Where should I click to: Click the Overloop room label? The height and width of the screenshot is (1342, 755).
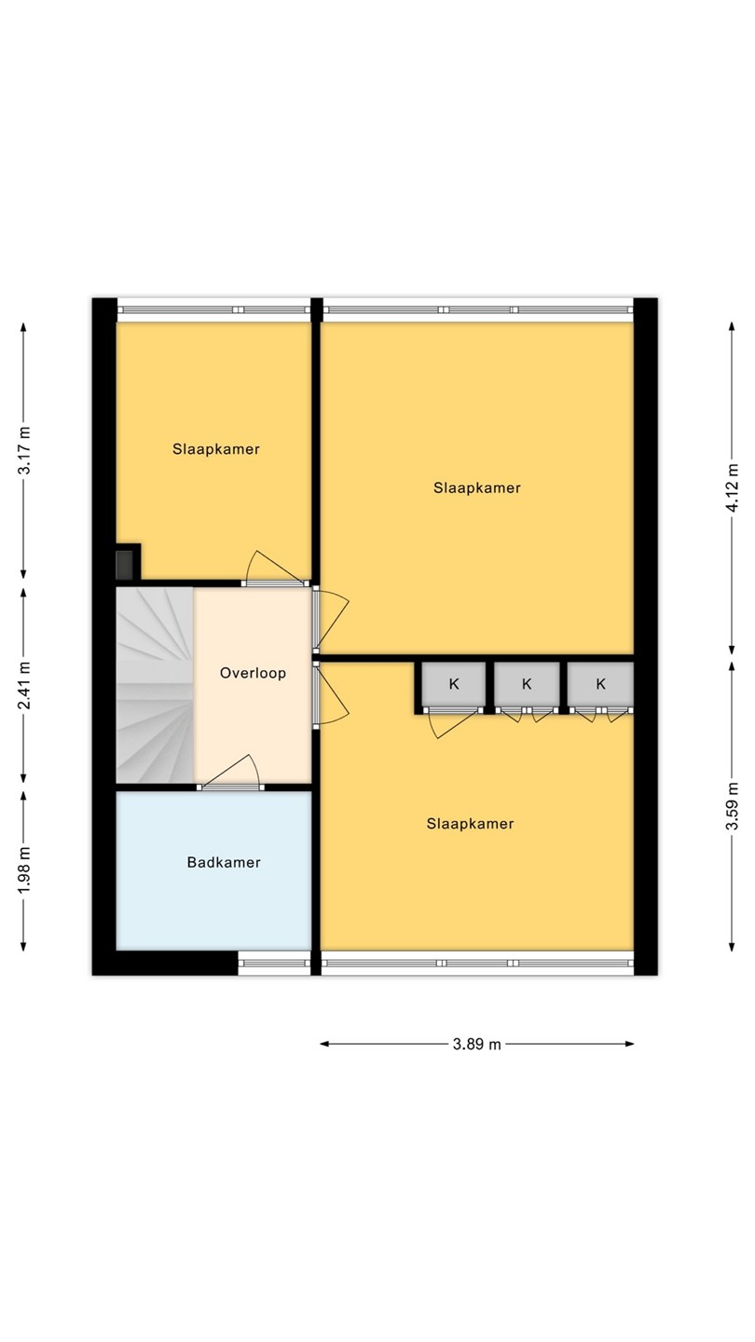coord(253,674)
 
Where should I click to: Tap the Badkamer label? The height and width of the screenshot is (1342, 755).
coord(224,863)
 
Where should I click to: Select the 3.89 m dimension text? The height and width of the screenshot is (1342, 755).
coord(477,1044)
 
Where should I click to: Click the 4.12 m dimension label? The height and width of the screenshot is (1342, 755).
coord(733,487)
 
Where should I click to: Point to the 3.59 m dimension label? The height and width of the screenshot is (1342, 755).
coord(733,806)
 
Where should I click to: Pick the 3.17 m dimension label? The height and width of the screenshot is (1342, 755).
coord(24,450)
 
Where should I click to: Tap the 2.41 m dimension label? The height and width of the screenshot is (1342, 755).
coord(24,685)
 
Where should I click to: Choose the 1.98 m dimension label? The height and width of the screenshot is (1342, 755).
coord(24,870)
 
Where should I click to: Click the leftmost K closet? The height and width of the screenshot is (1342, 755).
coord(454,684)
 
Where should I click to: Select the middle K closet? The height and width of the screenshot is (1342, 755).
coord(527,684)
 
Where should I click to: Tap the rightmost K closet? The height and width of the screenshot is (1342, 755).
coord(600,684)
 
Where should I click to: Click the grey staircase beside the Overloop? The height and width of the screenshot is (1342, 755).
coord(155,685)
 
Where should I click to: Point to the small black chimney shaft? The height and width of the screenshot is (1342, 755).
coord(126,565)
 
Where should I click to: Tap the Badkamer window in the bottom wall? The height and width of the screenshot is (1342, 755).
coord(274,964)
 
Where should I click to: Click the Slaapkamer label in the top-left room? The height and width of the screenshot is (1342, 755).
coord(215,449)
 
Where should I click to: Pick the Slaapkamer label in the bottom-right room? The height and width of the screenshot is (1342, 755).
coord(471,825)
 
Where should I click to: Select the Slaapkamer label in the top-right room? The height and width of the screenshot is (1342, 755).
coord(477,488)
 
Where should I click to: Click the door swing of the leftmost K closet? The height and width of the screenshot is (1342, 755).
coord(454,723)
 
